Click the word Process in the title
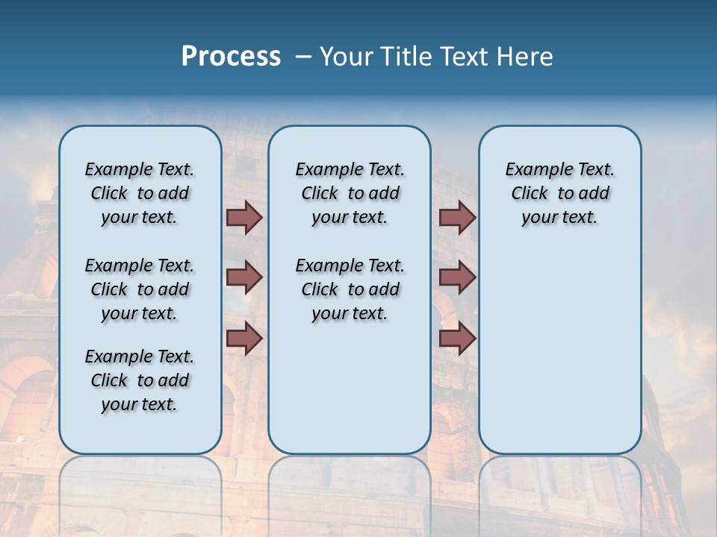(x=231, y=56)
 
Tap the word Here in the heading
(x=525, y=57)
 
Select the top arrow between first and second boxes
(x=244, y=217)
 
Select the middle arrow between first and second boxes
(x=244, y=277)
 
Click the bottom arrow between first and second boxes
(x=244, y=339)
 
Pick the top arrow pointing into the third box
(x=457, y=217)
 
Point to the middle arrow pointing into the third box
(x=457, y=277)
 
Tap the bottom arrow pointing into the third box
(x=457, y=339)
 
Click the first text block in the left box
(x=140, y=193)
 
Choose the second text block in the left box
(x=140, y=289)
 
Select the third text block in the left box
(x=140, y=380)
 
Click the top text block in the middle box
(x=350, y=193)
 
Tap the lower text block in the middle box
(x=350, y=289)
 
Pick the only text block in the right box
(x=559, y=193)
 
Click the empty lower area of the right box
(x=559, y=351)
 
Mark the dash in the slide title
(x=302, y=57)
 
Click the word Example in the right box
(x=532, y=170)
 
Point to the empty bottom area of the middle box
(x=350, y=395)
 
